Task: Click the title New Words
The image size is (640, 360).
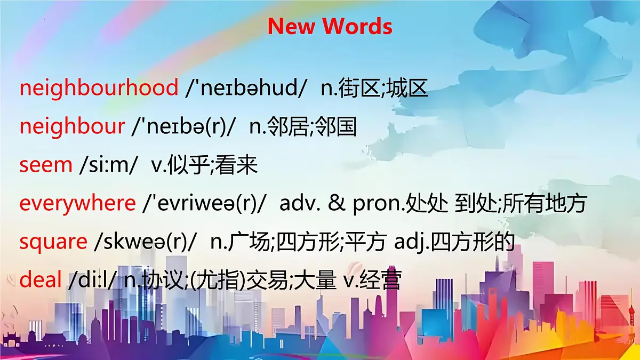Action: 330,26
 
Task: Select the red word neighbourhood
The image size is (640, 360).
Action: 99,88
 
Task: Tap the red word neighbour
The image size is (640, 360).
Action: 72,126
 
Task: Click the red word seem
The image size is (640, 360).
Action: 46,165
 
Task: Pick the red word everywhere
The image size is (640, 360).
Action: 78,203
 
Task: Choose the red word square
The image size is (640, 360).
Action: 53,242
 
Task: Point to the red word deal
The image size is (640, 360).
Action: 41,280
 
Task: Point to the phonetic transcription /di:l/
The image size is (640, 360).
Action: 92,280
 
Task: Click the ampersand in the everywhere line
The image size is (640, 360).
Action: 337,203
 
